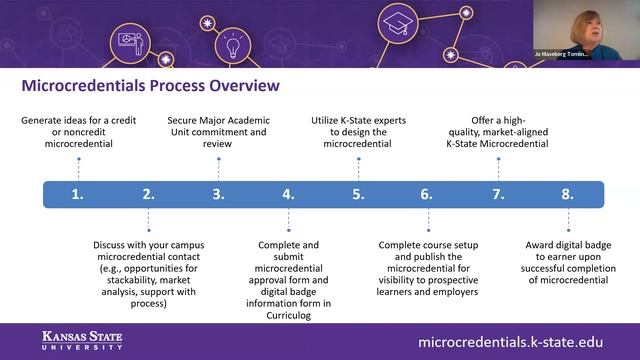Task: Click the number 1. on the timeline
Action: [x=77, y=194]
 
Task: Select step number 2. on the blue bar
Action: [x=148, y=194]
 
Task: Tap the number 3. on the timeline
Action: [x=218, y=194]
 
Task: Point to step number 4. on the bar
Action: [x=288, y=194]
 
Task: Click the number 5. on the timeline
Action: [x=358, y=194]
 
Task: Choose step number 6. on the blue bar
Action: [x=427, y=194]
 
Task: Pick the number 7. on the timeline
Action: [x=497, y=194]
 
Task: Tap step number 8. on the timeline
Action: [x=567, y=194]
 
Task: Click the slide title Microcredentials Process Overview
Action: [x=150, y=85]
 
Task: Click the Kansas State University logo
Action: [x=82, y=340]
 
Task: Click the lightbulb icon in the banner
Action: [x=233, y=46]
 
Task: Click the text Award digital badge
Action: [x=567, y=244]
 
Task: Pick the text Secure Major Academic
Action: [x=218, y=120]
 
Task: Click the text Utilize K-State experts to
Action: [x=358, y=120]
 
